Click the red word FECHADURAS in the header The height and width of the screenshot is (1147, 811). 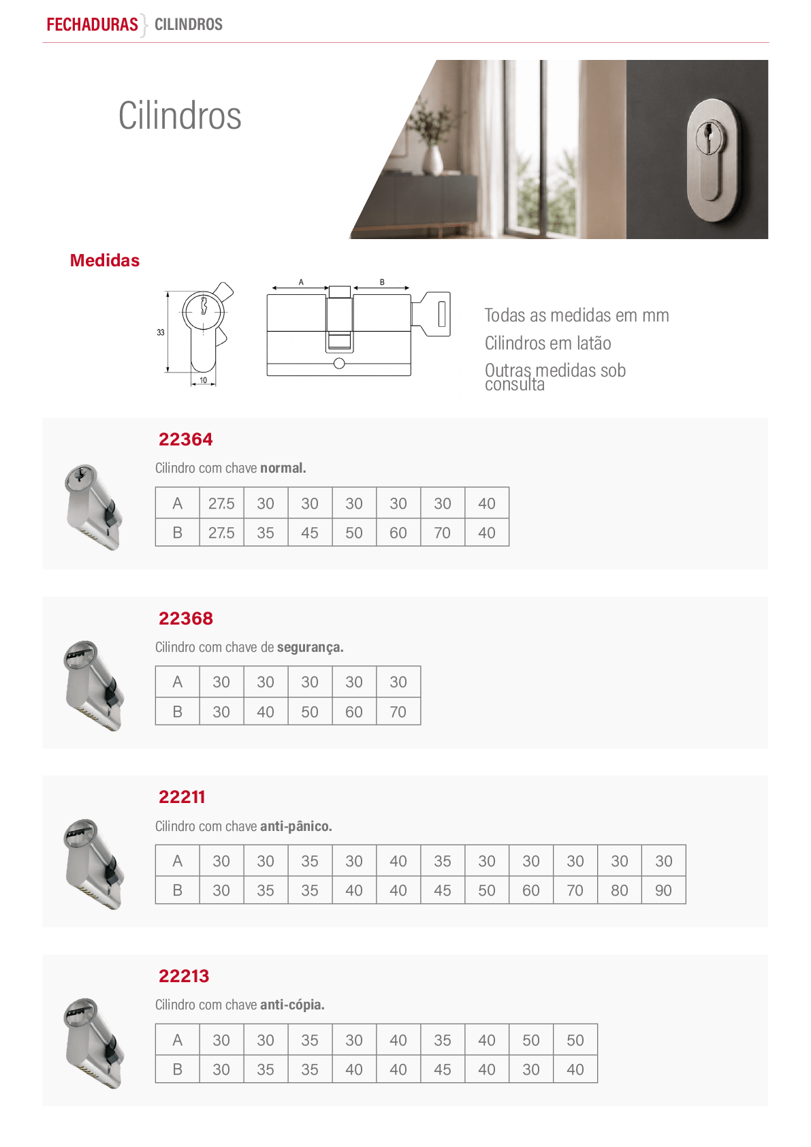point(92,25)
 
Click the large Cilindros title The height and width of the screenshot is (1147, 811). point(180,116)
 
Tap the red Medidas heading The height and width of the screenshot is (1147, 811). point(104,260)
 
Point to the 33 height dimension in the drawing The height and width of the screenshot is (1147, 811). point(160,332)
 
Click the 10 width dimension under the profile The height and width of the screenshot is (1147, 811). point(204,380)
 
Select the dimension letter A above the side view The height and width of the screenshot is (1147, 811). point(301,282)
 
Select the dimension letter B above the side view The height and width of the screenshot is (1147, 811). point(382,282)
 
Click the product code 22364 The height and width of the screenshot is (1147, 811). point(185,439)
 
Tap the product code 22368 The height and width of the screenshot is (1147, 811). point(185,618)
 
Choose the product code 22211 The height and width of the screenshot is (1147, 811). point(182,798)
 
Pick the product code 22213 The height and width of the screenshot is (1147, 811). point(184,976)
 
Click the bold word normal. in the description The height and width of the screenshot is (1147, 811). point(283,468)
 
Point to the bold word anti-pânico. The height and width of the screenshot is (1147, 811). point(296,826)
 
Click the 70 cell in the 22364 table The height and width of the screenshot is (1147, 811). point(443,533)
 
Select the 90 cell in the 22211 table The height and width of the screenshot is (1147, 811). point(663,890)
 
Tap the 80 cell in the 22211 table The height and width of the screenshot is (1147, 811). point(620,890)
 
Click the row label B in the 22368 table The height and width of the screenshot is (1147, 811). point(177,712)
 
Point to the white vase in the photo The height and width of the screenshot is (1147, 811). point(434,160)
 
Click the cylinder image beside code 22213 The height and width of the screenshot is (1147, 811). point(94,1043)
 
